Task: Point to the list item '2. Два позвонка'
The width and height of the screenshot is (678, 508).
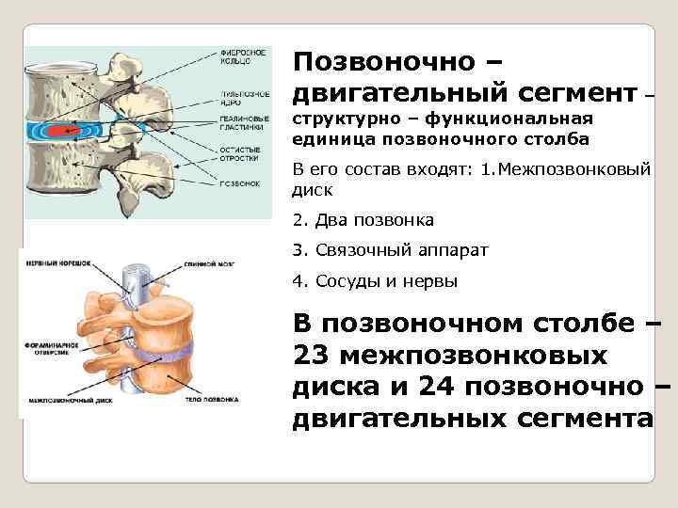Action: point(363,220)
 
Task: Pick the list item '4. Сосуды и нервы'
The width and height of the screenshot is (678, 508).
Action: point(375,280)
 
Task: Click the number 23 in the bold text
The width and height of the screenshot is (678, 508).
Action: point(311,357)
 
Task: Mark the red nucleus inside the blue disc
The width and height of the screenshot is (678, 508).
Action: point(66,130)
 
